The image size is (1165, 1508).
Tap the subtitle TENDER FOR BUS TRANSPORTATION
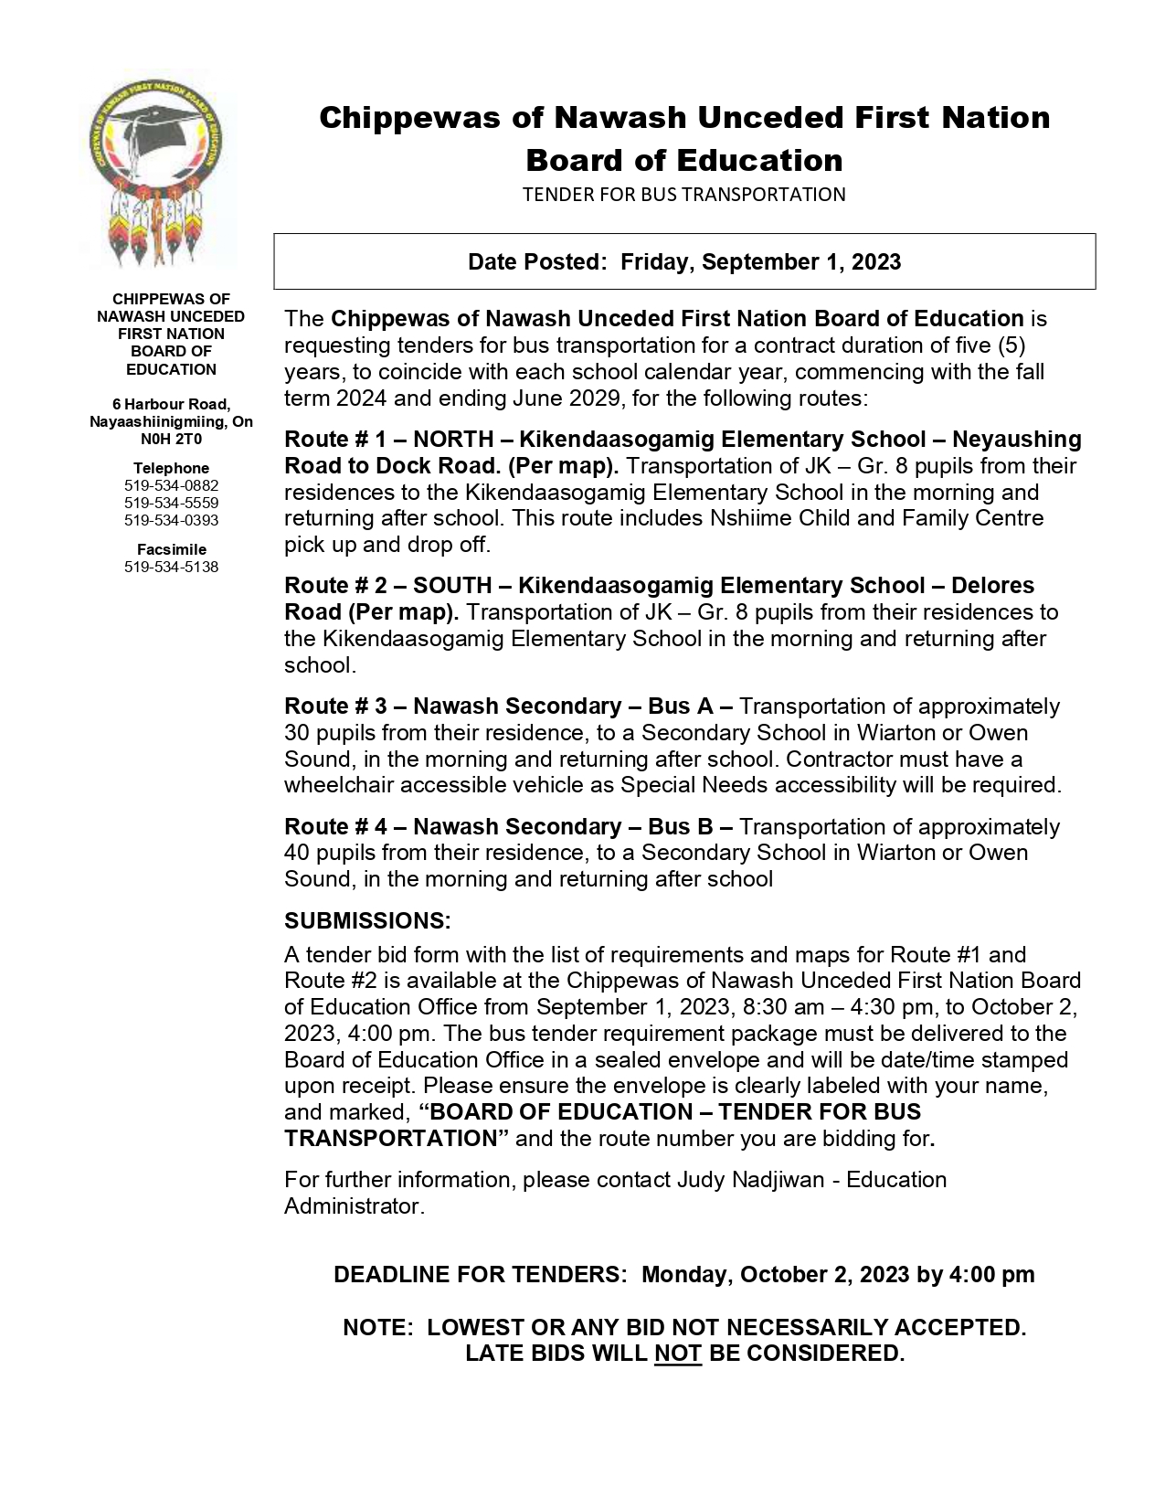click(x=683, y=194)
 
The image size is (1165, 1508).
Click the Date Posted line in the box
click(x=683, y=262)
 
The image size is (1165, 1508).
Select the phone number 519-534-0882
click(x=171, y=485)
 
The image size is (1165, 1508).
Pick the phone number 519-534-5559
click(x=171, y=503)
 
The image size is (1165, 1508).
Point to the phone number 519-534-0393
click(x=171, y=520)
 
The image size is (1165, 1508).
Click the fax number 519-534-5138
click(x=171, y=567)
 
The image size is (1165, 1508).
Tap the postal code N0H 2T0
click(x=171, y=439)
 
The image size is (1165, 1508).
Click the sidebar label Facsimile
click(x=171, y=549)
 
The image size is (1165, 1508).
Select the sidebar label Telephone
click(x=171, y=468)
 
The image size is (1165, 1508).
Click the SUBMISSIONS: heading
click(x=367, y=920)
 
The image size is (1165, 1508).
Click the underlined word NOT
click(x=677, y=1354)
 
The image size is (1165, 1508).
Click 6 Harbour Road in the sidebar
click(x=171, y=404)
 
